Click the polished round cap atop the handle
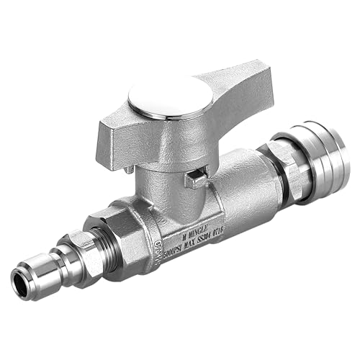click(x=171, y=99)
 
